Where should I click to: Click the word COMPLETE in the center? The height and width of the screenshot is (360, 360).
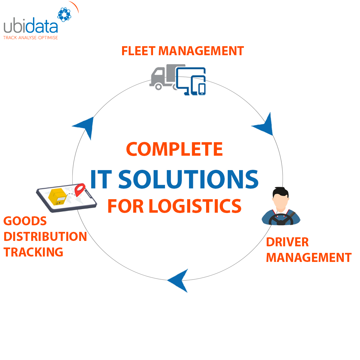[174, 149]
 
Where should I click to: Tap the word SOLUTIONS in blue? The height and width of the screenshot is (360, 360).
[188, 179]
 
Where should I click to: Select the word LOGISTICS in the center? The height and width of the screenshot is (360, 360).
[195, 206]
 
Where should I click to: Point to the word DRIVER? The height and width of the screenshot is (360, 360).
[287, 242]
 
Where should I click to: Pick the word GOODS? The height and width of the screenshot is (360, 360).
[25, 221]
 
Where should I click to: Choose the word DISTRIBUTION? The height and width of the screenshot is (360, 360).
[45, 237]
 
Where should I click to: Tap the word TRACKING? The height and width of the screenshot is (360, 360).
[33, 252]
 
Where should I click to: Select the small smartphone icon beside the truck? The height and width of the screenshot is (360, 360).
[202, 89]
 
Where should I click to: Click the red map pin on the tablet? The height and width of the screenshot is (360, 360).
[80, 190]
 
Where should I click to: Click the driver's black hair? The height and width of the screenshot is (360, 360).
[280, 191]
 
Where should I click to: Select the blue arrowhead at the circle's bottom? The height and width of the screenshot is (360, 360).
[179, 280]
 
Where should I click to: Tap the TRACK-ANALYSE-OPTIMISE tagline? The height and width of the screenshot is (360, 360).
[31, 38]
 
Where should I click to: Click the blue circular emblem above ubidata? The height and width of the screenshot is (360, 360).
[64, 14]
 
